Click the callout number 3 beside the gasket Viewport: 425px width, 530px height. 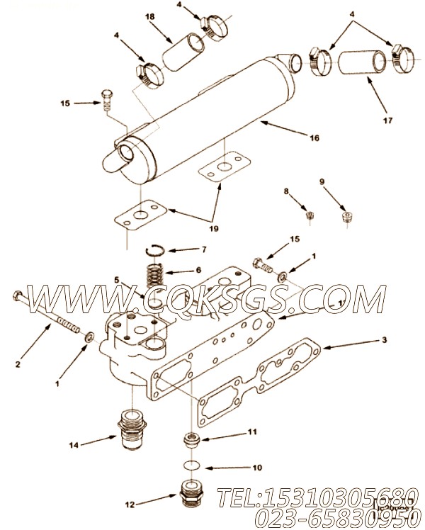pos(385,341)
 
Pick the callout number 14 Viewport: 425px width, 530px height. pos(74,445)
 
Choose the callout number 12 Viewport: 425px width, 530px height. pos(128,505)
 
